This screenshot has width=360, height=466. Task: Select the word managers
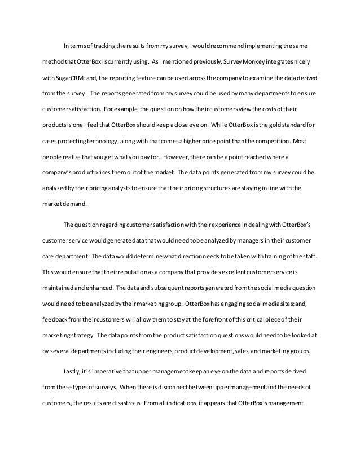pos(253,241)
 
